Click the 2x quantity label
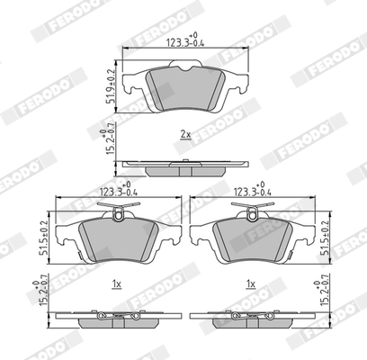point(185,134)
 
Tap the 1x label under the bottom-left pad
point(116,283)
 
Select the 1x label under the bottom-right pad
point(251,283)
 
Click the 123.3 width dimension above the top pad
point(185,40)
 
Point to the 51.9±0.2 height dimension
point(111,86)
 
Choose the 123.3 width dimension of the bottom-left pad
point(119,190)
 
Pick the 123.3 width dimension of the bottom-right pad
point(252,190)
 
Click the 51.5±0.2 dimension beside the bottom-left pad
point(44,238)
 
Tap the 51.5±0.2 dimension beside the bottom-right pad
point(325,238)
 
